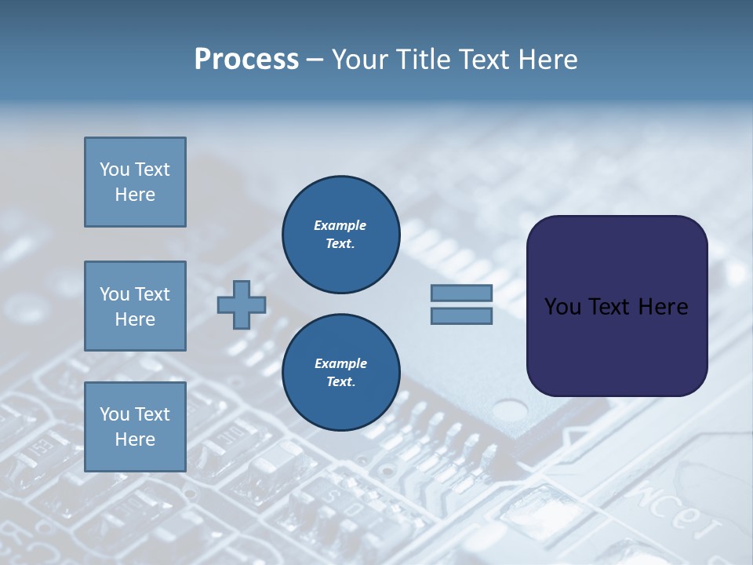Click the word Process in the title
click(246, 60)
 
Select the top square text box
click(135, 182)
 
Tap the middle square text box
click(135, 306)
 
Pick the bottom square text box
click(135, 427)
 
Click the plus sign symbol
click(242, 304)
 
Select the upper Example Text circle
click(340, 235)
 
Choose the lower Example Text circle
click(340, 373)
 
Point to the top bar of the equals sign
click(461, 293)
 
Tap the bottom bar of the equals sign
click(461, 315)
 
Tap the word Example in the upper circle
click(340, 225)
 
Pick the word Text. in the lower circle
click(340, 382)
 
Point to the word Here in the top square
click(135, 195)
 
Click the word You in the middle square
click(114, 294)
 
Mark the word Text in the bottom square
click(151, 414)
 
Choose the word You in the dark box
click(562, 307)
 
